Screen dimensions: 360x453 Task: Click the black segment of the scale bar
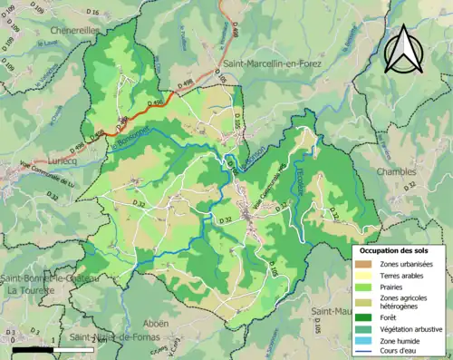coord(30,348)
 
